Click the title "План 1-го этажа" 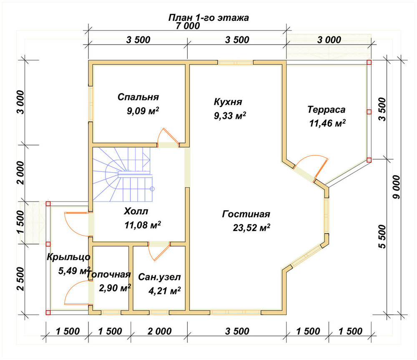208,18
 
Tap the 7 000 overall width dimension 188,26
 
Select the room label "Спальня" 138,97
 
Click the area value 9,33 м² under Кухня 230,116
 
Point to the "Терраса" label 327,109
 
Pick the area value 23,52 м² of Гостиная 251,228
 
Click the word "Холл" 136,211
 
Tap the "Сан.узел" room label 159,277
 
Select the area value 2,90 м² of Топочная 115,288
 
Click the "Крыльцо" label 69,257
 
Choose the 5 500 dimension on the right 382,237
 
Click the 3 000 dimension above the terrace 329,40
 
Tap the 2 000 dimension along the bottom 160,331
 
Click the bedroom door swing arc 160,136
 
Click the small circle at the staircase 152,189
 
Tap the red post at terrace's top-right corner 369,62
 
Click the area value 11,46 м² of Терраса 327,123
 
